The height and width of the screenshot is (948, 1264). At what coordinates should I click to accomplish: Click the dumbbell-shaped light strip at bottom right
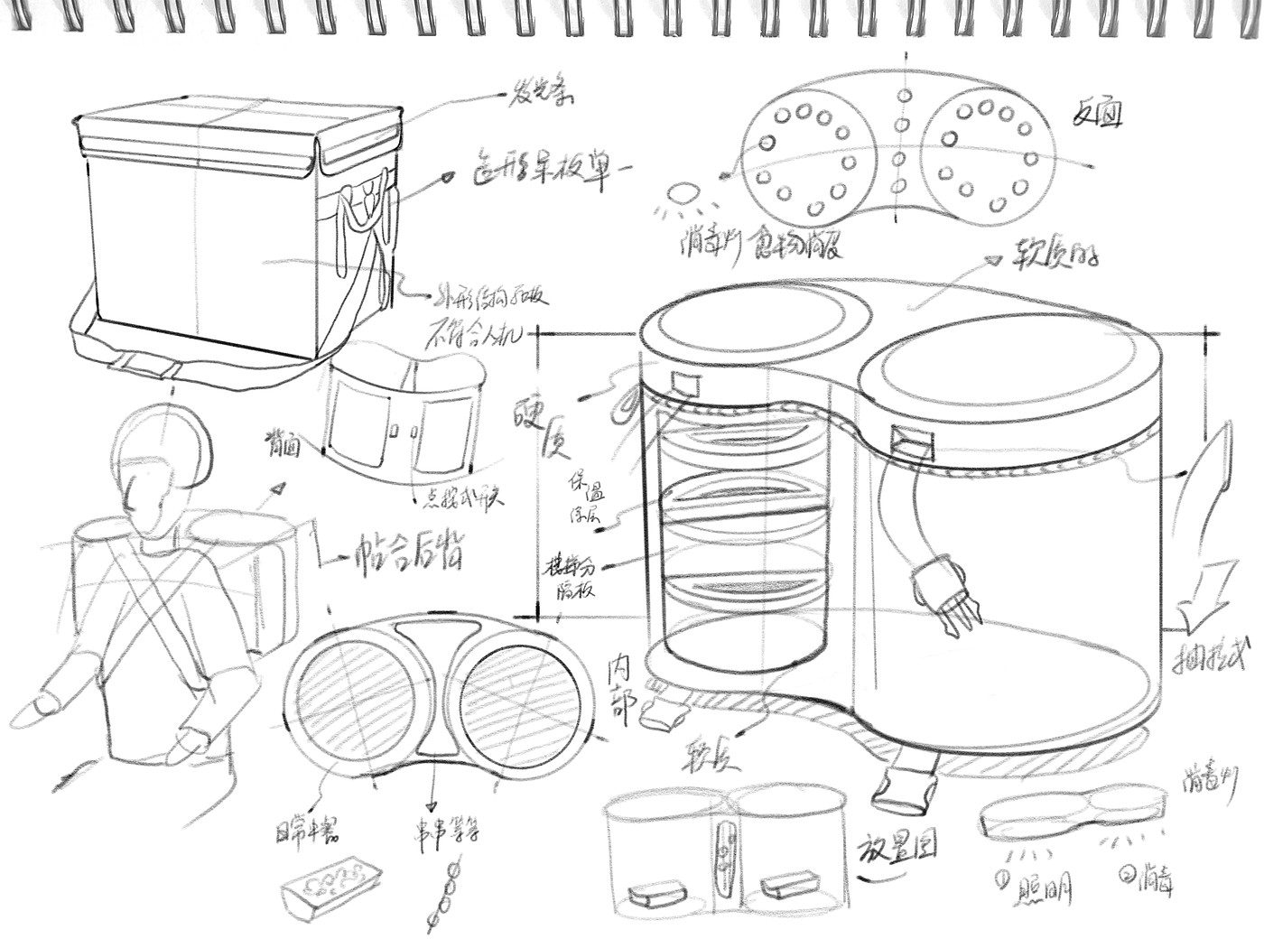point(1070,810)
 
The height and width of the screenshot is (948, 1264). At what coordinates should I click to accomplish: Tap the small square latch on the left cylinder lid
point(686,384)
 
